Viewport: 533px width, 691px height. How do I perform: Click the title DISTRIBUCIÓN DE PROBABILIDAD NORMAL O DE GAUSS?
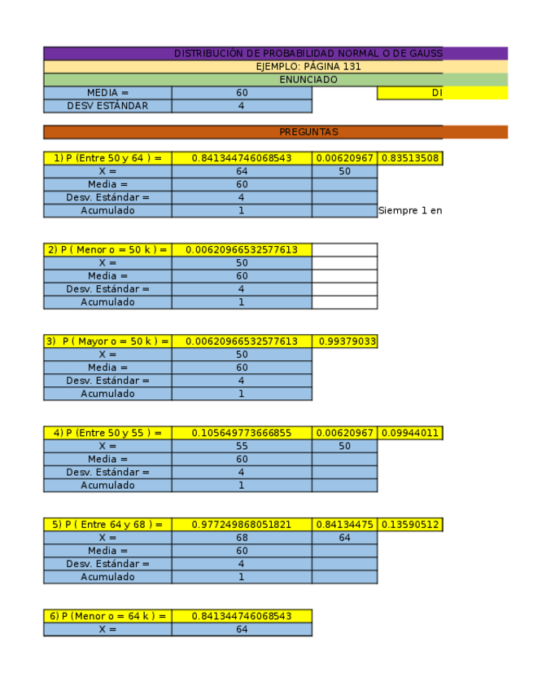coord(308,54)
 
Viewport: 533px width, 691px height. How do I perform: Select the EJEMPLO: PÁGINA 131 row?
coord(308,67)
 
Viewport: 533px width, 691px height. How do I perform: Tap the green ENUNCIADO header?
coord(308,80)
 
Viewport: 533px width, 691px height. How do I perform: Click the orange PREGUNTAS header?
coord(308,132)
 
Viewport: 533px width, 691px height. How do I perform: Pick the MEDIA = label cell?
coord(107,93)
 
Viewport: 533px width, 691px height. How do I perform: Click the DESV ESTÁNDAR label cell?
coord(107,106)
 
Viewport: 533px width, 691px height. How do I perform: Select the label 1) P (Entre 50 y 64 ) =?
coord(107,158)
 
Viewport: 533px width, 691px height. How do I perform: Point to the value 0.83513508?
coord(410,158)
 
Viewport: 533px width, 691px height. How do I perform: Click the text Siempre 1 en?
coord(410,211)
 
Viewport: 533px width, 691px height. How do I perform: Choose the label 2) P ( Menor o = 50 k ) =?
coord(107,250)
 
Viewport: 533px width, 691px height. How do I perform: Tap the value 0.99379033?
coord(345,341)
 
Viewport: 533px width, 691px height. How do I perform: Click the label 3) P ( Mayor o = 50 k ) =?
coord(107,341)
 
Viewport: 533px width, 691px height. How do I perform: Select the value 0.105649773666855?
coord(242,434)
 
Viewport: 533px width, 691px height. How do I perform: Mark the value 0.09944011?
coord(410,434)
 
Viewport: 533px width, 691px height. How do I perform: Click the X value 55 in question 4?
coord(242,447)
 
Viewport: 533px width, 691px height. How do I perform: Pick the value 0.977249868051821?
coord(242,525)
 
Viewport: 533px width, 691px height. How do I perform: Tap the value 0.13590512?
coord(410,525)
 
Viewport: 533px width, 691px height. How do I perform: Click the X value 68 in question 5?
coord(242,538)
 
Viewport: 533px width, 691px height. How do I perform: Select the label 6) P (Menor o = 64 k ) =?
coord(107,616)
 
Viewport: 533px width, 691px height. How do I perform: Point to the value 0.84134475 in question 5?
coord(345,525)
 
